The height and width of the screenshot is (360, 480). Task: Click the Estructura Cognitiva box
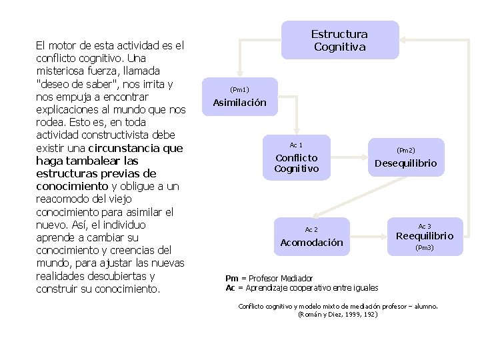point(339,40)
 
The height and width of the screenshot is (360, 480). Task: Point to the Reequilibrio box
point(425,236)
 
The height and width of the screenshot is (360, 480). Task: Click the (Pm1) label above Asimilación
point(239,89)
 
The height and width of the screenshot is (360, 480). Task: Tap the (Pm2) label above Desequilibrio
point(405,151)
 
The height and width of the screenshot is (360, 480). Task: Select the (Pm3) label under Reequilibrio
point(425,248)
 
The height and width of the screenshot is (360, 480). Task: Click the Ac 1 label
point(296,145)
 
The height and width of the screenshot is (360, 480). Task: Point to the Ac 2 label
point(311,229)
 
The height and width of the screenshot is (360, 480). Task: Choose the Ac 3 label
point(425,226)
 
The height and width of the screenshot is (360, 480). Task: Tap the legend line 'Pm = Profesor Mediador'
point(269,278)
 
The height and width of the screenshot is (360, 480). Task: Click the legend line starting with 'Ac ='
point(302,288)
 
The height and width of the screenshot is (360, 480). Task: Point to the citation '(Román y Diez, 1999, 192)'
point(337,313)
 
